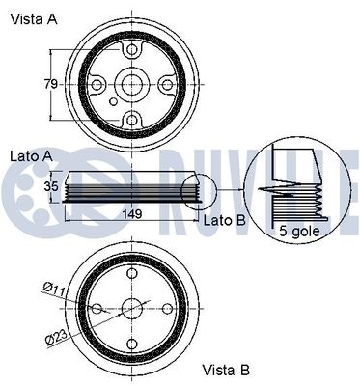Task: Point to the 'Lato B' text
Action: coord(225,221)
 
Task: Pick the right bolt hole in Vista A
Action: coord(167,85)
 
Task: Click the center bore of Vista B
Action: coord(131,309)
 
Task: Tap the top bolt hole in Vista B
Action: coord(131,273)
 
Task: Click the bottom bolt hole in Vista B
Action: coord(131,345)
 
